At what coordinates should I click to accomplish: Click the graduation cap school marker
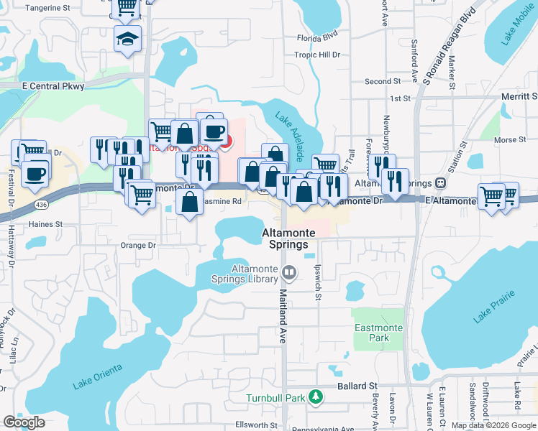pos(127,38)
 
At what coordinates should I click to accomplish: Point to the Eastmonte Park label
pos(372,332)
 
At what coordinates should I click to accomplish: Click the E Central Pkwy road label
pos(53,86)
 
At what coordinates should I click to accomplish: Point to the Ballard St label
pos(357,386)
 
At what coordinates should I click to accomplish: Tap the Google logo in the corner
pos(24,422)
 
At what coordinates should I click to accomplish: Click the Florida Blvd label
pos(316,36)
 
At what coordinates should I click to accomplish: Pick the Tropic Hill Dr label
pos(316,55)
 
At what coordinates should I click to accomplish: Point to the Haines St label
pos(46,224)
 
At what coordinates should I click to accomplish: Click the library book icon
pos(288,272)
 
